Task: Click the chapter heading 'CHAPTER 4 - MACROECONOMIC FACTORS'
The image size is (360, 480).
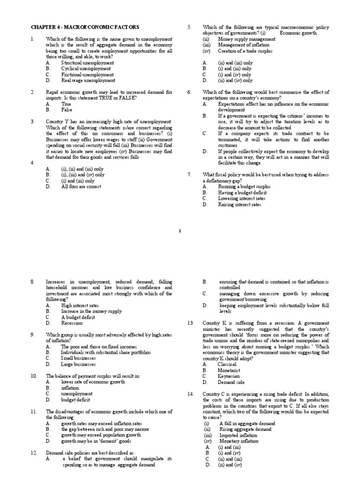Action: pyautogui.click(x=85, y=27)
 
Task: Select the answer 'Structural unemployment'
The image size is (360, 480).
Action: pyautogui.click(x=88, y=62)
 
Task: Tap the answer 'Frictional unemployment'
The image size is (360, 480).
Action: pyautogui.click(x=88, y=75)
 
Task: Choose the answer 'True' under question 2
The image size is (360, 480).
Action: pyautogui.click(x=67, y=104)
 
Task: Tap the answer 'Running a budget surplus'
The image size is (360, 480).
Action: pyautogui.click(x=244, y=187)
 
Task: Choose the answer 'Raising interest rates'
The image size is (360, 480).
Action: pyautogui.click(x=240, y=204)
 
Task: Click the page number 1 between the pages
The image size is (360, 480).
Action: pyautogui.click(x=180, y=230)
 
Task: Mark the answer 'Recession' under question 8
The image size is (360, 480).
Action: pyautogui.click(x=72, y=323)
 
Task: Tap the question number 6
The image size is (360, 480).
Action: pyautogui.click(x=189, y=92)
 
